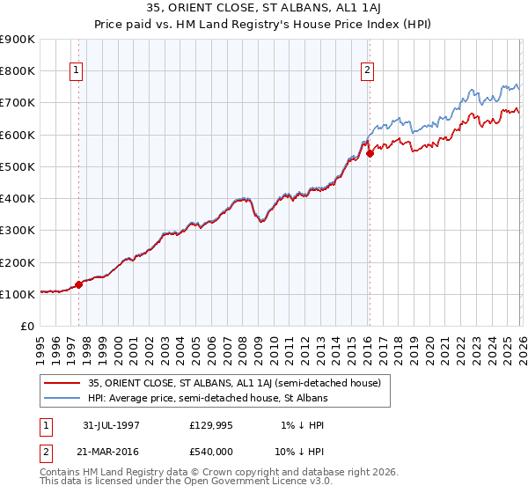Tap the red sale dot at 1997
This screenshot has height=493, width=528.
click(x=78, y=284)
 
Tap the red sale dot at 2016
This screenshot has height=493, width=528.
click(x=370, y=153)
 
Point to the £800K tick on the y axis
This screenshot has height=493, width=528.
click(x=18, y=71)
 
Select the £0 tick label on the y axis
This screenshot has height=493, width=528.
click(x=26, y=327)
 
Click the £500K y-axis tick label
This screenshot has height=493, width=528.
click(x=18, y=167)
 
